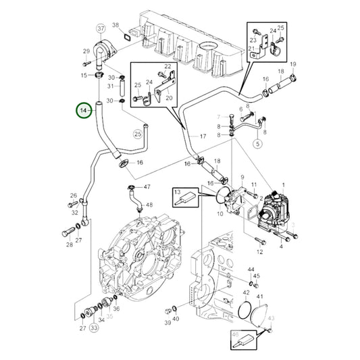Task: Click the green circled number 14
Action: pyautogui.click(x=84, y=109)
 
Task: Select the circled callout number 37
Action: pyautogui.click(x=101, y=28)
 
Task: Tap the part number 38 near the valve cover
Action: pyautogui.click(x=115, y=26)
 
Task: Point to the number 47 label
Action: pyautogui.click(x=147, y=186)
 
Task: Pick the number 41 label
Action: pyautogui.click(x=261, y=297)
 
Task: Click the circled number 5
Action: pyautogui.click(x=257, y=144)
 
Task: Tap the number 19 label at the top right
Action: pyautogui.click(x=293, y=64)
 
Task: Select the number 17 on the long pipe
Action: pyautogui.click(x=201, y=137)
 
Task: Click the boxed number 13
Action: pyautogui.click(x=178, y=193)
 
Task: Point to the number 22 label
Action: pyautogui.click(x=168, y=66)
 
